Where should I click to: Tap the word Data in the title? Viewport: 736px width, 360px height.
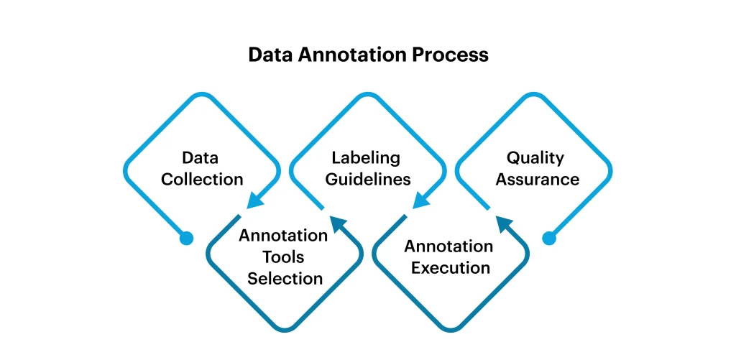point(271,55)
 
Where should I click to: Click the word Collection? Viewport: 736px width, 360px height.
point(202,180)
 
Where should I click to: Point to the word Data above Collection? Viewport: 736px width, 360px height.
point(201,157)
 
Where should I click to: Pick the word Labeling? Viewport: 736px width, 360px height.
point(366,158)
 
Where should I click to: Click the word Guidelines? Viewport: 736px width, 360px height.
point(368,180)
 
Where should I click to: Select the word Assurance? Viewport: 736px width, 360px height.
point(538,180)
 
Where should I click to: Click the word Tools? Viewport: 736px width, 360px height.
point(283,257)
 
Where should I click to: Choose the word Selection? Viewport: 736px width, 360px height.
point(285,278)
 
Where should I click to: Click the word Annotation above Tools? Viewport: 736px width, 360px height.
point(283,235)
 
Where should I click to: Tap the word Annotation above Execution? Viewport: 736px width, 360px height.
point(448,246)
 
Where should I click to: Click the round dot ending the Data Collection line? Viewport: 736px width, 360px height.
point(186,239)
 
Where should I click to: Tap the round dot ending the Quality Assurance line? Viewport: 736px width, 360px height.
point(549,239)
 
